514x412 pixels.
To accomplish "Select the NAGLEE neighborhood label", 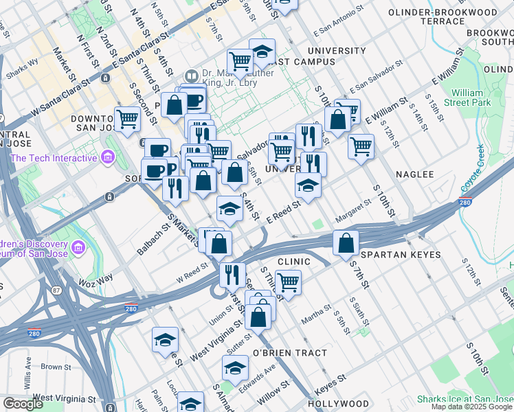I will click(x=414, y=174).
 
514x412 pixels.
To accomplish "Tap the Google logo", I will click(x=23, y=404).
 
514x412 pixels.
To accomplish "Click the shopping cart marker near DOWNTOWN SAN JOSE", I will click(x=128, y=119).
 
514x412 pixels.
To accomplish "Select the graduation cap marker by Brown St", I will click(x=166, y=340).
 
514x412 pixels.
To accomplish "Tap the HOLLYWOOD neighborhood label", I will click(x=339, y=404).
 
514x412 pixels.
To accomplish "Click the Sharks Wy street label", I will click(x=22, y=69).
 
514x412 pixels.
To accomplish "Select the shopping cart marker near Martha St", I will click(x=289, y=282).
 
